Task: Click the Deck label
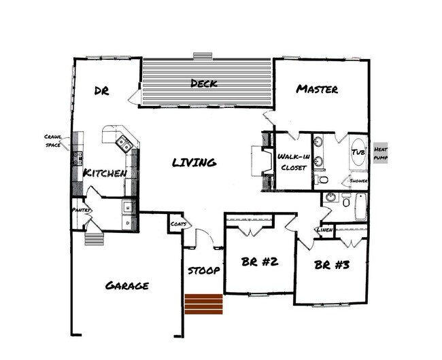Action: (x=203, y=84)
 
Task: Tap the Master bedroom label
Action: (x=317, y=89)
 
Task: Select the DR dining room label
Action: (x=102, y=91)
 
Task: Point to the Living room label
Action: (x=194, y=162)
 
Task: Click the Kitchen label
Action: (x=105, y=174)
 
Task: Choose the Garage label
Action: (x=127, y=285)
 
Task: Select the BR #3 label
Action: (x=332, y=265)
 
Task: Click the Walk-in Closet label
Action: (x=294, y=163)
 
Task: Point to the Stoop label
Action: (x=203, y=270)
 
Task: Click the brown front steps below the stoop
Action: (x=204, y=304)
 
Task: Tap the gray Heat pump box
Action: (x=381, y=153)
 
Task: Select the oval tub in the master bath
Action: (x=358, y=153)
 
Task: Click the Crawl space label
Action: (x=53, y=140)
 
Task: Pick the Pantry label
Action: (x=81, y=211)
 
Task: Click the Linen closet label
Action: (x=324, y=230)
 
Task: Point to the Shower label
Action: (x=358, y=181)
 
